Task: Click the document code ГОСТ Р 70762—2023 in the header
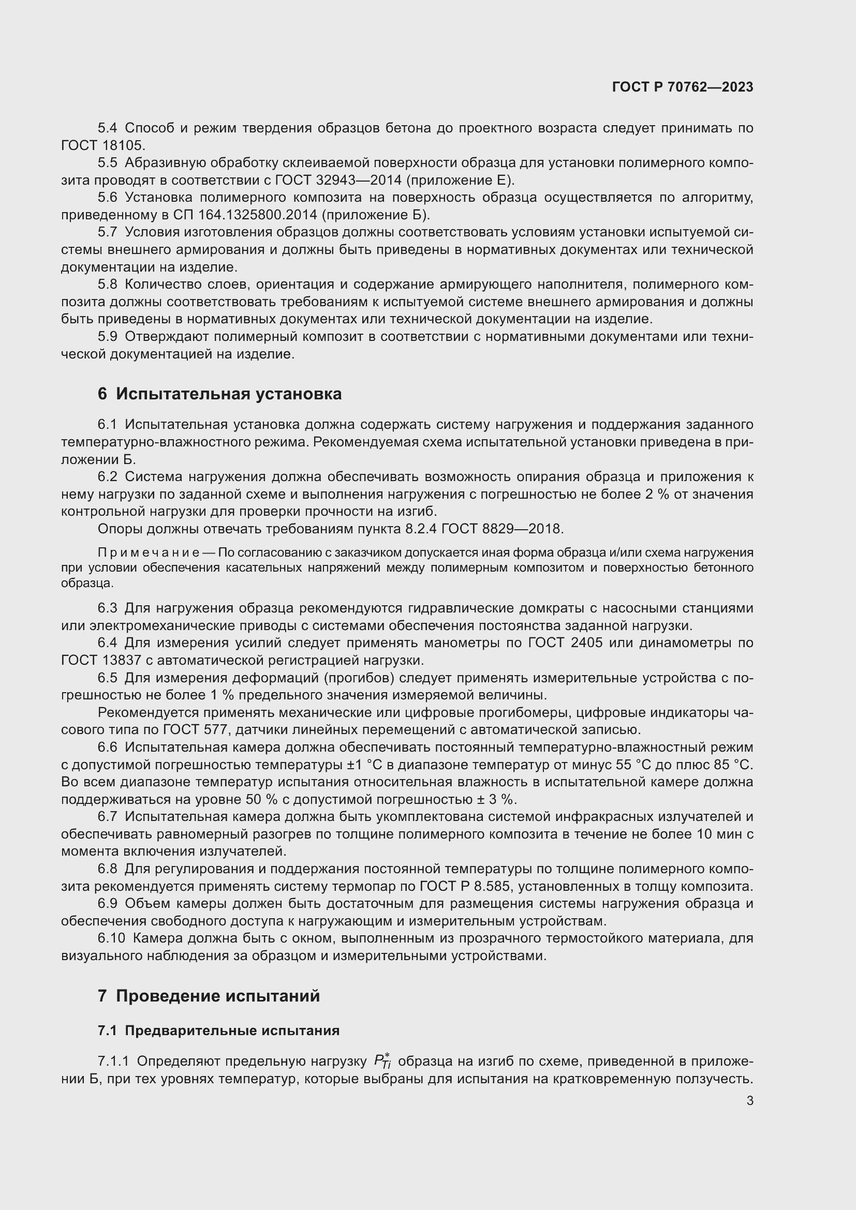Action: coord(682,87)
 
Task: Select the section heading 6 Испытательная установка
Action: coord(219,394)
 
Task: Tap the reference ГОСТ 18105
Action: coord(103,145)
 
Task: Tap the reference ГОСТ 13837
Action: coord(106,660)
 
